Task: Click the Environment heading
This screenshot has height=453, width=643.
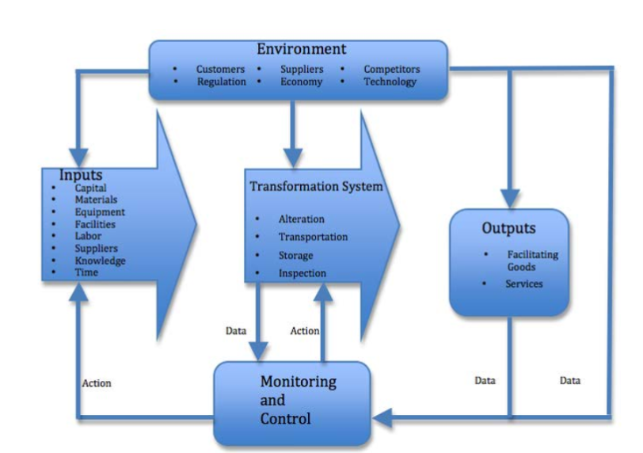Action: click(301, 51)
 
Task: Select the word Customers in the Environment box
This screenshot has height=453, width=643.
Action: click(221, 70)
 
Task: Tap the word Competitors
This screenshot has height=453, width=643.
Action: click(392, 70)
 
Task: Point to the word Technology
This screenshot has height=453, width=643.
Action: click(390, 82)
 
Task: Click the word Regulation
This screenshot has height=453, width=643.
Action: click(222, 82)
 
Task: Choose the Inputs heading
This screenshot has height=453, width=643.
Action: click(82, 174)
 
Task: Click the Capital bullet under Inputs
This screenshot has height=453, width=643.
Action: click(91, 188)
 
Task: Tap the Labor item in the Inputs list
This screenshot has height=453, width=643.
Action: click(89, 237)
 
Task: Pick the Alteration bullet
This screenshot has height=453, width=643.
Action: click(301, 219)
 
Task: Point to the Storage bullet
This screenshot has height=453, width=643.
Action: click(295, 255)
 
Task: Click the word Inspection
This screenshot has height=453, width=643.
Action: click(302, 273)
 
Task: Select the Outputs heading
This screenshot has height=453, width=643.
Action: click(509, 229)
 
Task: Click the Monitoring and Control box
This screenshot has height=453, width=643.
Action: click(292, 401)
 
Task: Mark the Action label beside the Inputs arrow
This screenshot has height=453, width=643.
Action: click(97, 383)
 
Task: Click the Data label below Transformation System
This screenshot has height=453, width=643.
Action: click(236, 331)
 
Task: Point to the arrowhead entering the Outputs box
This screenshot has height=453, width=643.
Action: click(509, 200)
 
